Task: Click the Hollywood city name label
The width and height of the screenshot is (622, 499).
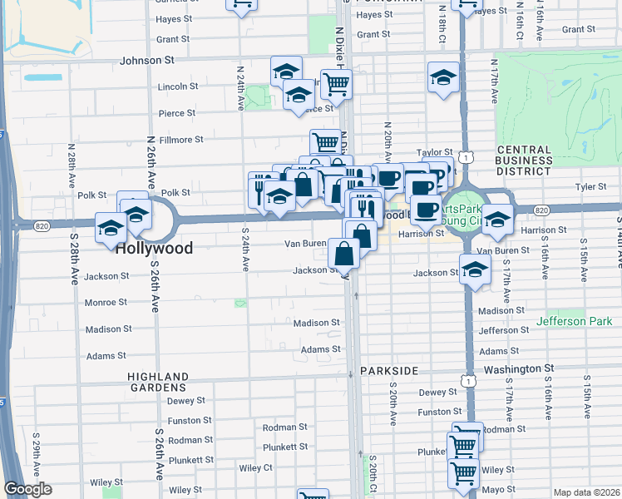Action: [x=154, y=248]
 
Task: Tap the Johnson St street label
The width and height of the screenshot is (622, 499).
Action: [x=147, y=60]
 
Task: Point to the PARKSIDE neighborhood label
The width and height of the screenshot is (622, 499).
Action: [x=387, y=369]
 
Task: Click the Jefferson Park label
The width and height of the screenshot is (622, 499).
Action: [x=574, y=321]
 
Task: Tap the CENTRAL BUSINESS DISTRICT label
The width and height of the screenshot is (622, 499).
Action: [x=524, y=161]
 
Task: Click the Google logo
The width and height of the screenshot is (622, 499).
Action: [x=27, y=489]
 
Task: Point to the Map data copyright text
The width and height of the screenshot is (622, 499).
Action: [x=586, y=492]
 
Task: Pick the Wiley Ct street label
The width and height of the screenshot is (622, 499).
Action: [x=256, y=467]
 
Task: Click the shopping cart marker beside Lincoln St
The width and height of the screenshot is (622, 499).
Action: [x=336, y=83]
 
